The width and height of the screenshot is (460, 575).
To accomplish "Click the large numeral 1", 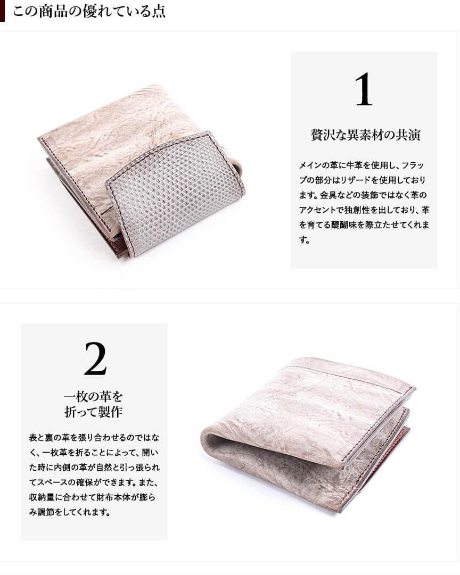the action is pyautogui.click(x=364, y=89).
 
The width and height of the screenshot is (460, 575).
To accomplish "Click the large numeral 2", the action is pyautogui.click(x=95, y=359).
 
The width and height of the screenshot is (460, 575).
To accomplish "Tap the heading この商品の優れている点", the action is pyautogui.click(x=89, y=11).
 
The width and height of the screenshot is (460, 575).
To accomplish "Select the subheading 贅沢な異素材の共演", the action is pyautogui.click(x=365, y=135).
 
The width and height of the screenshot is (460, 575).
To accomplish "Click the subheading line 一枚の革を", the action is pyautogui.click(x=93, y=396).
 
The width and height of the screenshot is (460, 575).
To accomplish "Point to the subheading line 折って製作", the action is pyautogui.click(x=93, y=412).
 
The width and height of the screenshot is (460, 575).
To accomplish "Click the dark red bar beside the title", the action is pyautogui.click(x=2, y=11).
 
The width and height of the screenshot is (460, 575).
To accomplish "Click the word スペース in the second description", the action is pyautogui.click(x=52, y=482).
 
